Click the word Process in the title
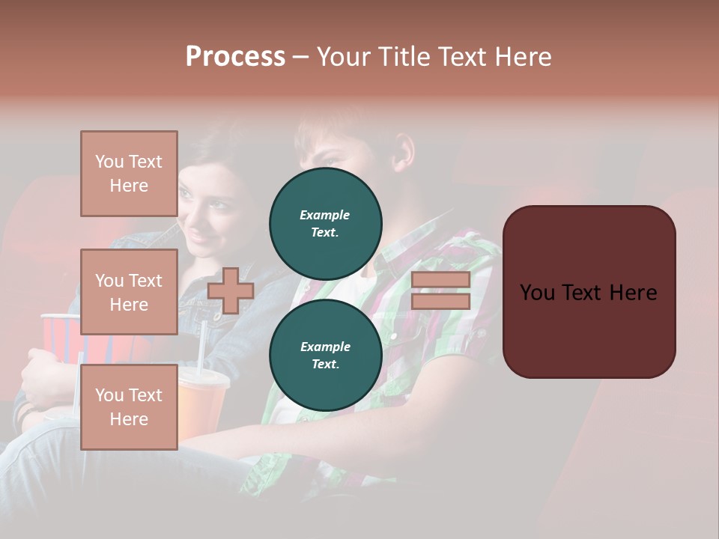(x=235, y=57)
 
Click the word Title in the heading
(x=403, y=57)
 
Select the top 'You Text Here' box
(x=129, y=174)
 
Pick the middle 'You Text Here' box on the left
(x=129, y=292)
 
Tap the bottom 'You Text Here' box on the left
(x=129, y=407)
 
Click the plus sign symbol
(x=231, y=290)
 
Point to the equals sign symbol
(x=440, y=290)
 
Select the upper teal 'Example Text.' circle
(x=325, y=224)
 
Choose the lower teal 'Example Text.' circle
(x=325, y=356)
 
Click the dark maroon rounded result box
(x=589, y=292)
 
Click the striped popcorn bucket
(x=60, y=337)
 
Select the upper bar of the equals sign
(x=440, y=280)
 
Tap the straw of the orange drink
(x=201, y=344)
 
